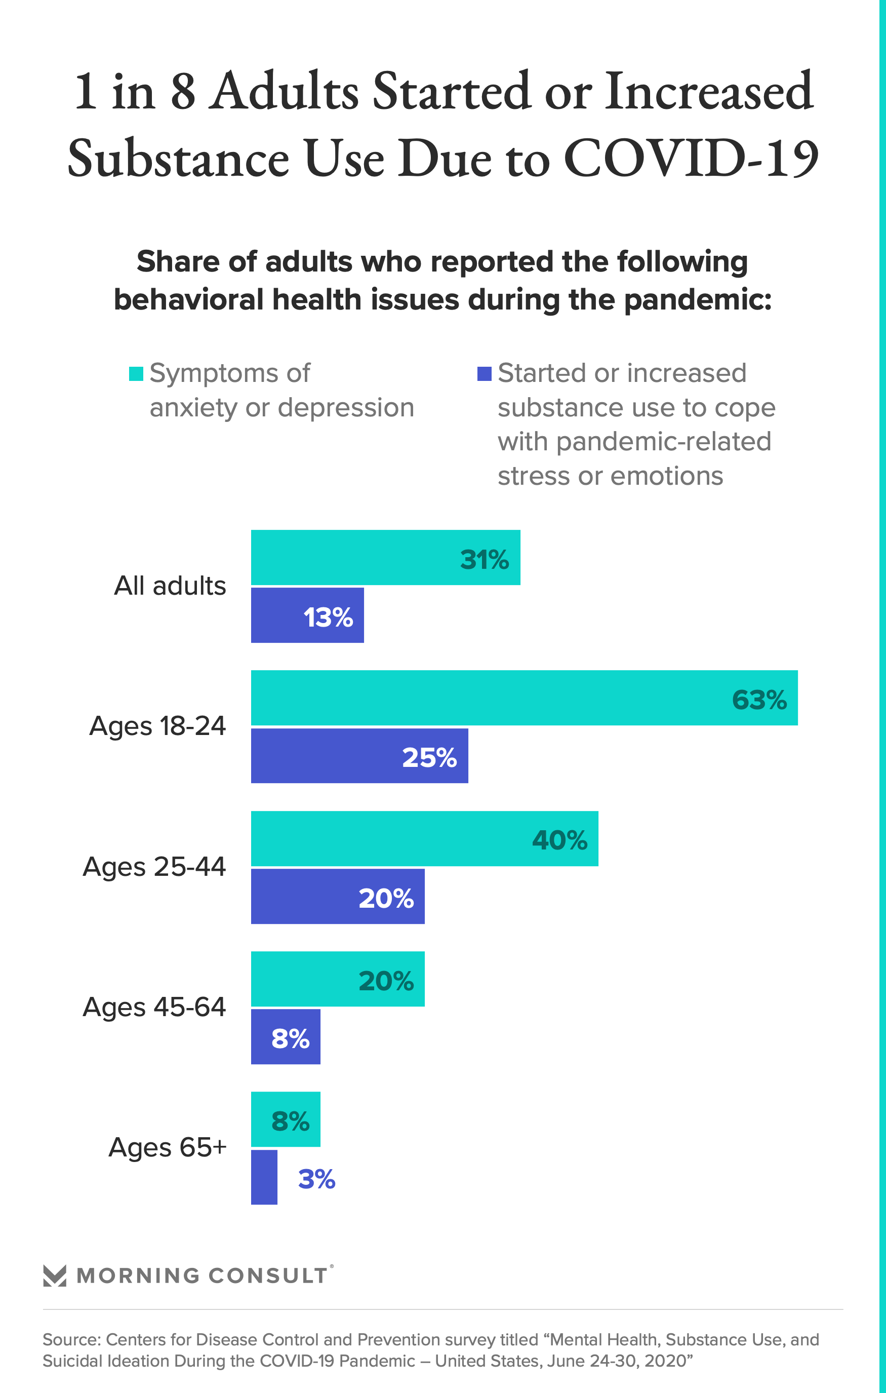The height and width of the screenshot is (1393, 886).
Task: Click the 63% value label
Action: [759, 700]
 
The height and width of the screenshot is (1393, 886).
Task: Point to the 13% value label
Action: [328, 617]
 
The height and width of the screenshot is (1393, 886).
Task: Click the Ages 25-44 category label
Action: [154, 867]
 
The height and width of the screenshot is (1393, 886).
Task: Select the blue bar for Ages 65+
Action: [264, 1177]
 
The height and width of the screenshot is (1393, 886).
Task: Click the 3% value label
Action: [316, 1179]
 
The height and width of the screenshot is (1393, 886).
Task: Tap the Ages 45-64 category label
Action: [154, 1007]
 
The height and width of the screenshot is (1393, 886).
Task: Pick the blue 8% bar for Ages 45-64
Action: [285, 1037]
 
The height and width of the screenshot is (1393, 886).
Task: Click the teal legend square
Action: [136, 374]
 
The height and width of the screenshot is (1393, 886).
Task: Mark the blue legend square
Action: [484, 374]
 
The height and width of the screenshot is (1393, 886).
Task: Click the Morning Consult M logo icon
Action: [55, 1275]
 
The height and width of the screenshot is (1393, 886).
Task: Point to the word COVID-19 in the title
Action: [691, 158]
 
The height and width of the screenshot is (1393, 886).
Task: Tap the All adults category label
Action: [170, 586]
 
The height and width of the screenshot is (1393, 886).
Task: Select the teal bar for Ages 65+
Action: [285, 1119]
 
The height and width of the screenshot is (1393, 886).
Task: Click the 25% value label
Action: [429, 757]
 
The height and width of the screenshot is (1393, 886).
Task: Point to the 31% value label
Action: [484, 559]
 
